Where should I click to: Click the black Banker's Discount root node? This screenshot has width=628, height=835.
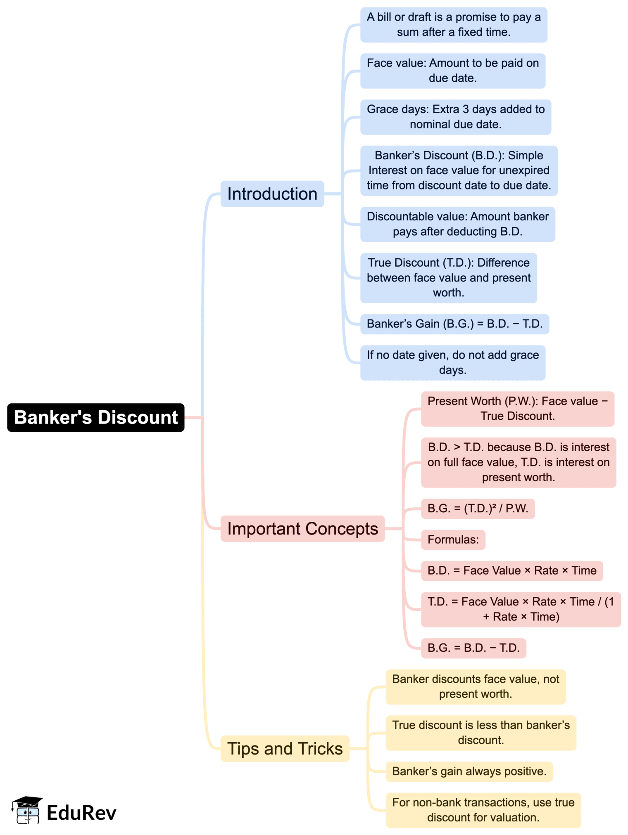[x=96, y=417]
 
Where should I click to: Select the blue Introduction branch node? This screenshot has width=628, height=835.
[x=272, y=194]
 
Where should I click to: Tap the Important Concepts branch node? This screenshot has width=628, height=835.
[x=302, y=528]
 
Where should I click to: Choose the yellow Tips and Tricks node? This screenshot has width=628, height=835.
[x=285, y=748]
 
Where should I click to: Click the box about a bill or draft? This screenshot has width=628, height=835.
[x=454, y=25]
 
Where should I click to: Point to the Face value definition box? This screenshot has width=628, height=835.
[x=453, y=71]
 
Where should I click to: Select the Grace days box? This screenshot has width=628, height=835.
[x=456, y=117]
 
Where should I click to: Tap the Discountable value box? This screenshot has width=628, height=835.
[x=457, y=224]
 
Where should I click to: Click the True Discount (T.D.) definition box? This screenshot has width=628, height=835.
[x=448, y=278]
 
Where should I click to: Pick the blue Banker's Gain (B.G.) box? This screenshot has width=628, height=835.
[x=454, y=324]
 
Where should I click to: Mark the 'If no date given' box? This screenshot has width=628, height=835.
[x=453, y=362]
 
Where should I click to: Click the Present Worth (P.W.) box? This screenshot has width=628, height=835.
[x=517, y=409]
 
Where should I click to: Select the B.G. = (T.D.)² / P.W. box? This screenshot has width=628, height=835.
[x=478, y=509]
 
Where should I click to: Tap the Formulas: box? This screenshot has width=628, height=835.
[x=453, y=539]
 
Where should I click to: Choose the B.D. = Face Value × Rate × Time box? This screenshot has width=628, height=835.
[x=511, y=570]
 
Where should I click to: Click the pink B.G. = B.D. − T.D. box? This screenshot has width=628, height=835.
[x=473, y=648]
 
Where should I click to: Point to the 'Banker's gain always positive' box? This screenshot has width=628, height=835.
[x=469, y=771]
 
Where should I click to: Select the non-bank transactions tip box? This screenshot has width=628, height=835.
[x=483, y=810]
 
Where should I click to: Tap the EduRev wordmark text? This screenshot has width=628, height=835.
[x=81, y=813]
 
